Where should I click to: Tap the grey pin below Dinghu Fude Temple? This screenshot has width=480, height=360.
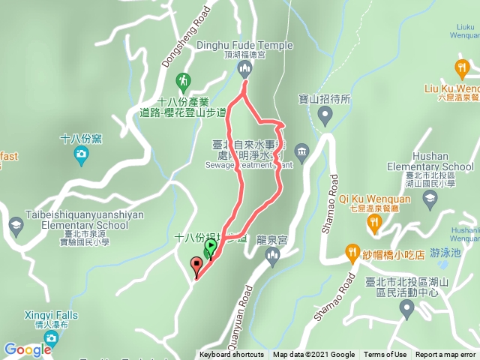244,70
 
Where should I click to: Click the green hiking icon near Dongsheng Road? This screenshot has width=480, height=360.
182,80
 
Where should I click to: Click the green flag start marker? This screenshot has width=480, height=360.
211,246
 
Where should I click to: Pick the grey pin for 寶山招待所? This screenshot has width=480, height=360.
325,116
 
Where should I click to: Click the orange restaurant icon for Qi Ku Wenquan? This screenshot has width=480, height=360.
373,222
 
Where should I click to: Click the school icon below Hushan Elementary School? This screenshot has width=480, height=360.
430,197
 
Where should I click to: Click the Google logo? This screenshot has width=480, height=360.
27,349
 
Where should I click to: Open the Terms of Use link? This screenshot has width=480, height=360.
385,355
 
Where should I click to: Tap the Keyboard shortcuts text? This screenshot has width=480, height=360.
232,355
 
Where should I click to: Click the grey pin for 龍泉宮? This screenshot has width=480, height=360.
272,257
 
